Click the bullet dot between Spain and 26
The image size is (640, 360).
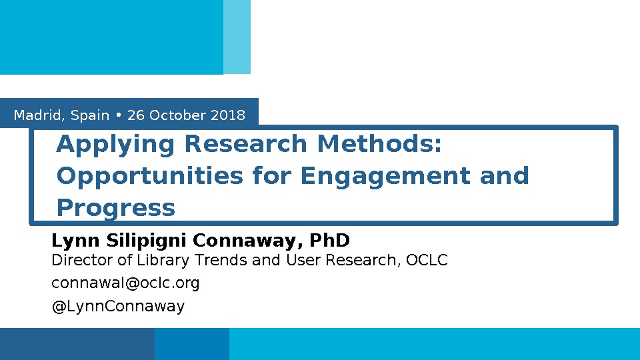click(x=119, y=115)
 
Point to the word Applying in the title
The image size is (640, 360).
click(x=115, y=145)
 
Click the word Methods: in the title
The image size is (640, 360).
click(x=379, y=144)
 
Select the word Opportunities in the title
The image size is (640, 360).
click(x=150, y=177)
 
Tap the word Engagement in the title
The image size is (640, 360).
click(x=385, y=177)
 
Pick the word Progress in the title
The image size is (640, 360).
click(x=115, y=209)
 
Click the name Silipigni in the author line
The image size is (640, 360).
click(x=147, y=241)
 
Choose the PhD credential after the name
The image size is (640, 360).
click(x=329, y=240)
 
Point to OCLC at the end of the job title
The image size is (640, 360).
click(x=427, y=260)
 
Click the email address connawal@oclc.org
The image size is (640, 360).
click(x=125, y=283)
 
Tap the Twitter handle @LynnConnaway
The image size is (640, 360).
click(x=118, y=306)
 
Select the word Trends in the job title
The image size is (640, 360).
click(x=221, y=260)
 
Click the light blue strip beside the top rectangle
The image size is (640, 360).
click(x=237, y=37)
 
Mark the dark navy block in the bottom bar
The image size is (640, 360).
click(x=77, y=344)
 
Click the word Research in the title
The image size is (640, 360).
click(x=245, y=144)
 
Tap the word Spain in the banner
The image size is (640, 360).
click(x=90, y=116)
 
